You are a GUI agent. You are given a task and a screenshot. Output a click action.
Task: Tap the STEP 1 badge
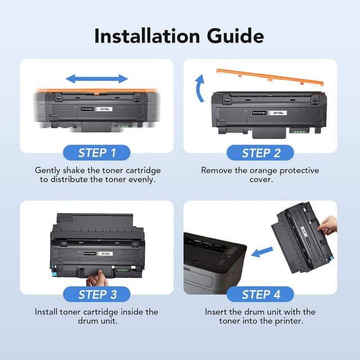97,152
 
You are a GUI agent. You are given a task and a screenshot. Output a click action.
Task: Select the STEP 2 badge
260,152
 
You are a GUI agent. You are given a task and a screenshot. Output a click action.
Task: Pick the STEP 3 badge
97,294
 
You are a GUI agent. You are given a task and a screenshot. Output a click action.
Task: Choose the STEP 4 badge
260,294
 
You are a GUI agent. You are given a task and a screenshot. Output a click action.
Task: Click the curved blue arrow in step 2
200,87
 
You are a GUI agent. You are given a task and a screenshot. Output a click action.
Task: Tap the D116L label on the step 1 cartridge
103,110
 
